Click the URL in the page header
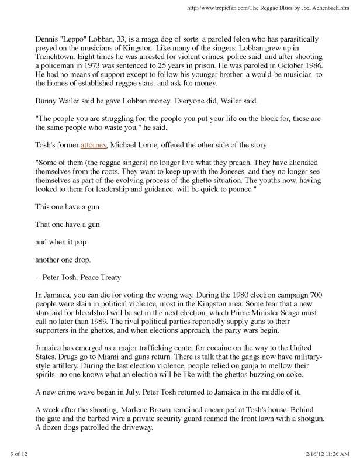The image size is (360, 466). point(267,8)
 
